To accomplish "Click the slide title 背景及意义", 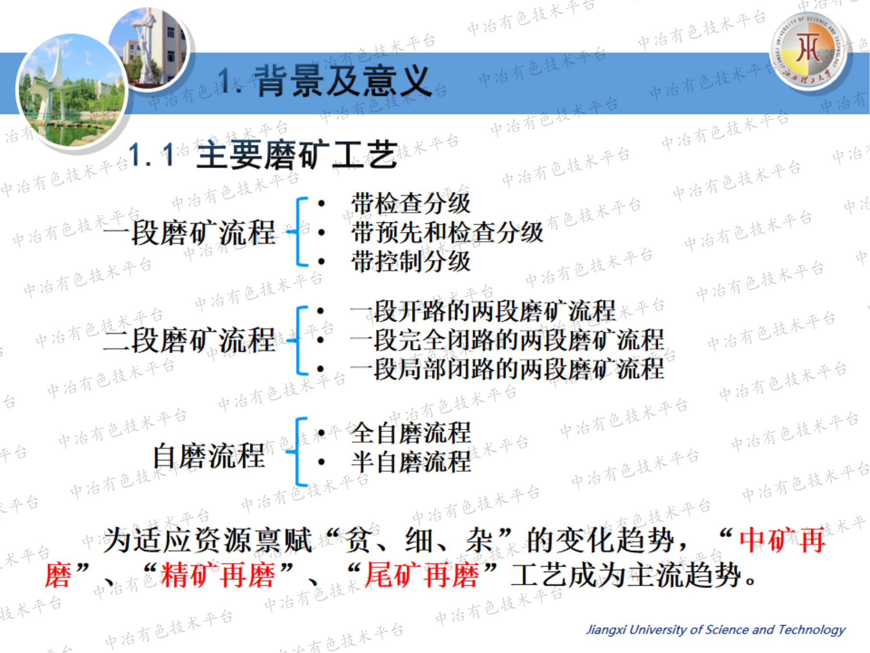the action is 343,81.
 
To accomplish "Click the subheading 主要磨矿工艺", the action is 297,155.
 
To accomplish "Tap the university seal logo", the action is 809,51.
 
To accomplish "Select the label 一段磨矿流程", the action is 190,232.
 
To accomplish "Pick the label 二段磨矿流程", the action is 190,340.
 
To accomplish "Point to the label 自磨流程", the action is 209,456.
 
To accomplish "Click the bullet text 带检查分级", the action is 411,203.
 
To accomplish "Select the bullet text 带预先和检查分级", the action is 447,232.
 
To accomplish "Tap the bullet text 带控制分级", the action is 411,261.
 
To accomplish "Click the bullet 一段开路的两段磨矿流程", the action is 483,311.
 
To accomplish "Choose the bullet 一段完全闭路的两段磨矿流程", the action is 507,340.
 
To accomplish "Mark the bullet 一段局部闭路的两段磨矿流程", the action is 507,369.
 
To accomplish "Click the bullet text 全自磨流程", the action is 411,433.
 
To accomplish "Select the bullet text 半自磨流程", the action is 411,462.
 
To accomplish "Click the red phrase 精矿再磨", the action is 218,575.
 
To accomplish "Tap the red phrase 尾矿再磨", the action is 422,575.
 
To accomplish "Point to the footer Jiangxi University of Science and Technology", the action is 716,629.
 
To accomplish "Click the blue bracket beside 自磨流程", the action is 297,452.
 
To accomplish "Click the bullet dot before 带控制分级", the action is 321,261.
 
